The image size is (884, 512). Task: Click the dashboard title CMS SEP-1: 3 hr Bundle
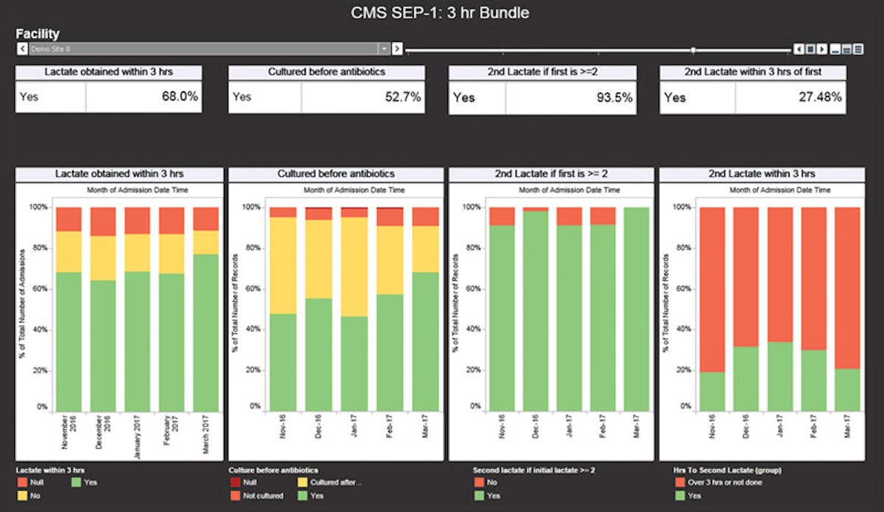coord(440,13)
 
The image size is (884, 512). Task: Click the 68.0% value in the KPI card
coord(180,97)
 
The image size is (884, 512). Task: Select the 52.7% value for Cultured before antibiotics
coord(402,97)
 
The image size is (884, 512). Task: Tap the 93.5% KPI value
coord(614,97)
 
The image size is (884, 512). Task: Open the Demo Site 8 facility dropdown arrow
coord(384,49)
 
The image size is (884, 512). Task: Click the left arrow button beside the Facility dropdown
coord(21,49)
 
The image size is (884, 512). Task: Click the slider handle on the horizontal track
coord(692,50)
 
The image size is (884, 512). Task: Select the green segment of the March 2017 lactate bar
coord(206,332)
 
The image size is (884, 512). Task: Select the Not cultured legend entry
coord(262,496)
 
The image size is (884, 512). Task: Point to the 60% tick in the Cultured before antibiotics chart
coord(252,288)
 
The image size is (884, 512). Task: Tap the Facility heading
coord(38,34)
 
